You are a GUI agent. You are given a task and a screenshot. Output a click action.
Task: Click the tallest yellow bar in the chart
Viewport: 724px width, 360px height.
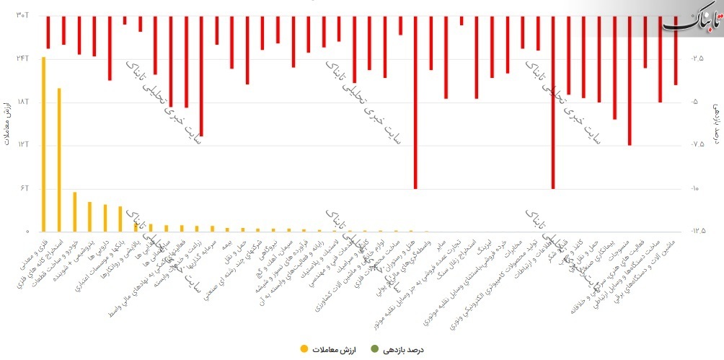point(43,144)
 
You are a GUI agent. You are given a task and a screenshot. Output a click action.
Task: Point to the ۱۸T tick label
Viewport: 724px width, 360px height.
point(22,102)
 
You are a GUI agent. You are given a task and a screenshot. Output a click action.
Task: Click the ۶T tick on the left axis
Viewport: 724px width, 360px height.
point(23,188)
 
